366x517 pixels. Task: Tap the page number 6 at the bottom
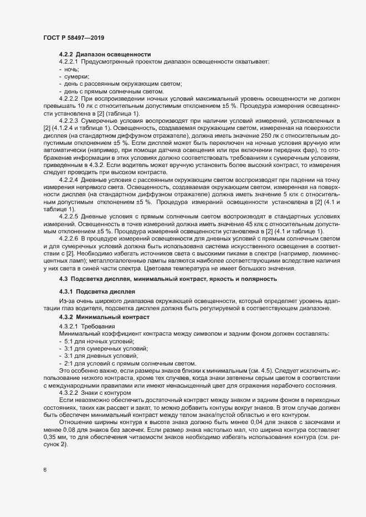point(44,470)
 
